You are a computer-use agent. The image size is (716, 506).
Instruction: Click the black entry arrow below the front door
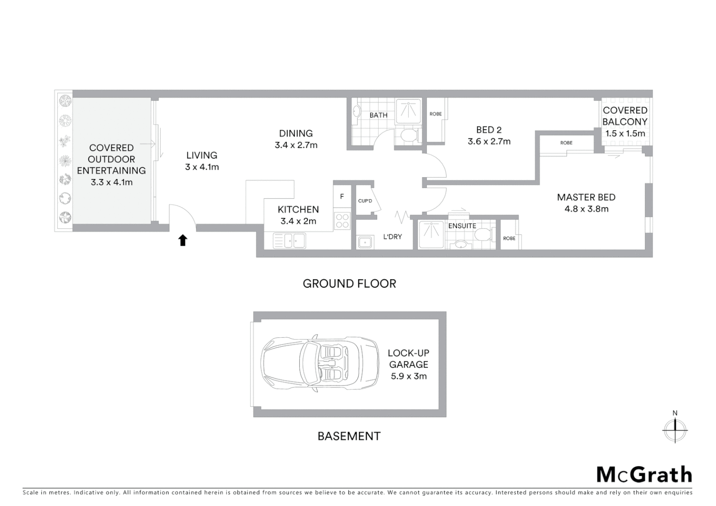(183, 240)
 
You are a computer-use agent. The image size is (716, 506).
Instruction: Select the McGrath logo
(644, 475)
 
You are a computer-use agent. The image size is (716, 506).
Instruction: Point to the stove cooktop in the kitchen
(342, 221)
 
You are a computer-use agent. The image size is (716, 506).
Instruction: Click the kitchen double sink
(290, 241)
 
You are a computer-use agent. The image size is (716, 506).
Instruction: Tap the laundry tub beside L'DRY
(365, 243)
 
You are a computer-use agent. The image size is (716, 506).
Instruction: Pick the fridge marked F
(342, 197)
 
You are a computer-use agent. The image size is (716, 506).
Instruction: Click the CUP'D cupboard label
(365, 201)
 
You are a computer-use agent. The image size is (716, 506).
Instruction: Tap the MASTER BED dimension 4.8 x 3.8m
(586, 209)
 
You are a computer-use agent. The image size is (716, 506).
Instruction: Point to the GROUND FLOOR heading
(349, 283)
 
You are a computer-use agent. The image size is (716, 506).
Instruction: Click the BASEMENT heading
(349, 436)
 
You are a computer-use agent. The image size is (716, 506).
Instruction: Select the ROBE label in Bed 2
(435, 114)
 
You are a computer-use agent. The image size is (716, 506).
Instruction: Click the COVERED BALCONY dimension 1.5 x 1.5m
(625, 134)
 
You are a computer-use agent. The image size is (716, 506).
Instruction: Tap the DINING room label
(296, 134)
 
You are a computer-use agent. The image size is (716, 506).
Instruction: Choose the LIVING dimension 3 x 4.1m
(202, 167)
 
